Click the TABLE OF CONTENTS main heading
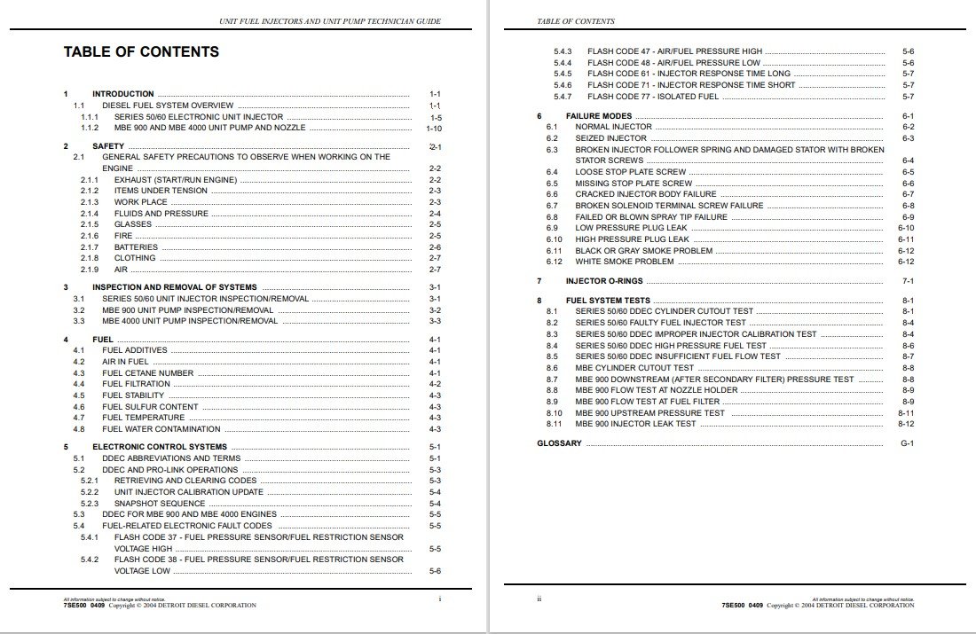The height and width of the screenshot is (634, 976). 141,51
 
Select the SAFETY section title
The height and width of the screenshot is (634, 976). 108,145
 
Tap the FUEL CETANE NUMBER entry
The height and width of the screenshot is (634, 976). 147,373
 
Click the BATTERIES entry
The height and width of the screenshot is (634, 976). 136,247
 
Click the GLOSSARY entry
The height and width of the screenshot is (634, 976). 559,443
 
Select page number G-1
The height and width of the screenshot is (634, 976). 907,443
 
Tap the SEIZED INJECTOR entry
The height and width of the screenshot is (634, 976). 610,138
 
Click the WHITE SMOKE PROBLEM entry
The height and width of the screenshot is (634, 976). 624,262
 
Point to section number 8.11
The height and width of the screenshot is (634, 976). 555,424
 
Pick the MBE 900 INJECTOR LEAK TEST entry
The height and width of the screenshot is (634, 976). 635,424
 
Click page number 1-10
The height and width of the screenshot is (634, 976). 434,128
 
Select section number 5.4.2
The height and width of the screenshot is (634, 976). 90,560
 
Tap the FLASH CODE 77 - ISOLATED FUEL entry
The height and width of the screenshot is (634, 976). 653,97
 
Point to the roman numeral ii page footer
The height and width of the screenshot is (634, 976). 539,599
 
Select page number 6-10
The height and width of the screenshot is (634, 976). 906,228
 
